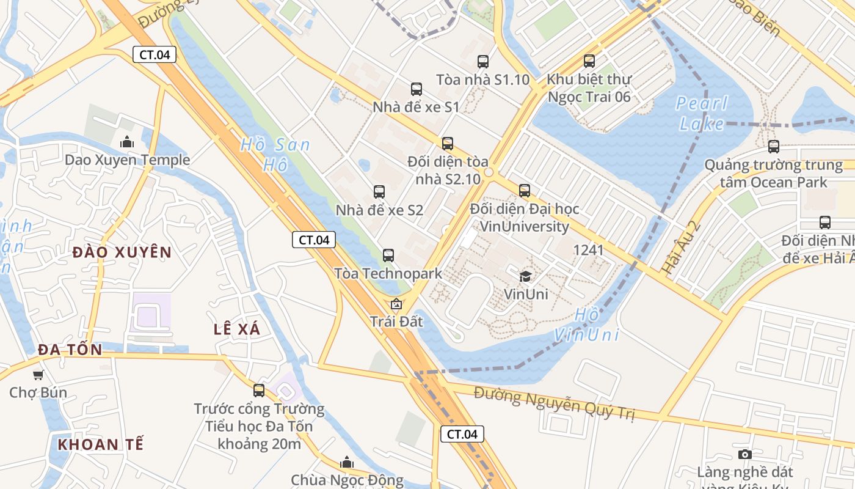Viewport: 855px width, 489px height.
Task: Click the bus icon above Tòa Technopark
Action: point(388,256)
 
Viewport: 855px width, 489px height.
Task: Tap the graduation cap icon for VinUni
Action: point(525,277)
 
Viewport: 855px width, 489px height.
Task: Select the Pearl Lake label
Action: point(702,114)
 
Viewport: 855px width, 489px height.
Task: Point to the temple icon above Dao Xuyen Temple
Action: point(127,142)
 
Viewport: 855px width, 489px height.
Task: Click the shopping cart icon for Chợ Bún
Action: point(38,375)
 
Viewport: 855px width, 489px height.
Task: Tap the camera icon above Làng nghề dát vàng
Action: point(744,454)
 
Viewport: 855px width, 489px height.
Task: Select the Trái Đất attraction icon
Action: point(396,303)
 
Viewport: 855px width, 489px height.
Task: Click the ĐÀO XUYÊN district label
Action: point(122,252)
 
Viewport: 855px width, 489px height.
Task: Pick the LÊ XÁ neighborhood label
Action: point(237,329)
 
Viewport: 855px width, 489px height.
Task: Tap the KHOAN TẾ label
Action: point(101,444)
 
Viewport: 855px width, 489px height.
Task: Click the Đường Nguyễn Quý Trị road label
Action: point(555,404)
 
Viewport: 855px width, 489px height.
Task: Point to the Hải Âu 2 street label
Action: point(680,246)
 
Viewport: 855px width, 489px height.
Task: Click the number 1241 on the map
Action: point(589,250)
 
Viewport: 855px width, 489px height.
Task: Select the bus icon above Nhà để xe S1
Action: point(417,89)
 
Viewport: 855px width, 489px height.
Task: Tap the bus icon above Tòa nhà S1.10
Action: point(483,61)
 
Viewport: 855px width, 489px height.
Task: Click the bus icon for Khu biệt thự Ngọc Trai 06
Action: point(589,61)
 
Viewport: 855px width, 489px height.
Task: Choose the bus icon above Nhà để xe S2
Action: point(379,192)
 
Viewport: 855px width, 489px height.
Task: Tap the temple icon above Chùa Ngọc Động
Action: point(347,462)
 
